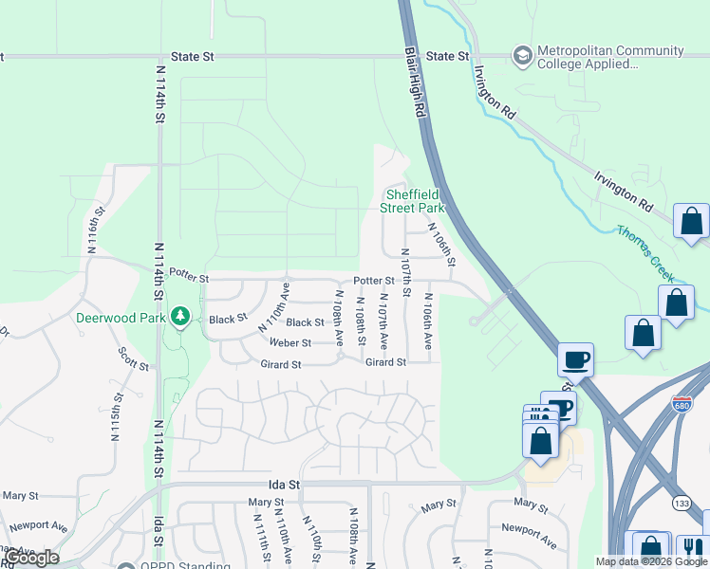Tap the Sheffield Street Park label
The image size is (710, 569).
coord(412,200)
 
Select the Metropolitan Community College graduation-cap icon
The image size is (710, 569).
coord(521,56)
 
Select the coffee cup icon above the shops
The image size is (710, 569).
coord(575,359)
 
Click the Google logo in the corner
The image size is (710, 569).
coord(32,558)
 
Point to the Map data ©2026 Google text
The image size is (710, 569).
coord(651,561)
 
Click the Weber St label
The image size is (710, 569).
coord(290,342)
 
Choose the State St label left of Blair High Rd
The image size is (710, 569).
coord(194,57)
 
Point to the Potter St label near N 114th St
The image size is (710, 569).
coord(189,275)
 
